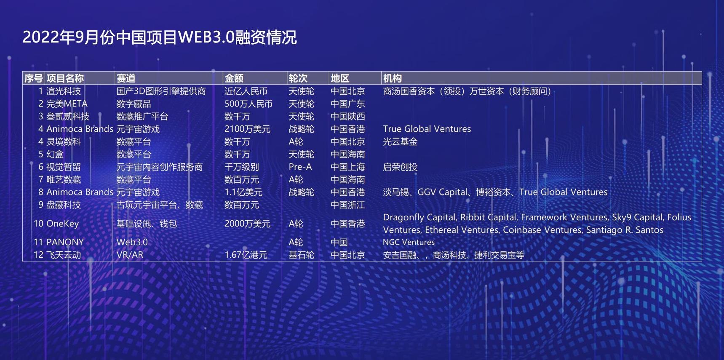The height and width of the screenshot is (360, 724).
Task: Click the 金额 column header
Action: point(234,78)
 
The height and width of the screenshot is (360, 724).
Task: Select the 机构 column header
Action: point(392,78)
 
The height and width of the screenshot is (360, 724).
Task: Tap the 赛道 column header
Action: point(126,78)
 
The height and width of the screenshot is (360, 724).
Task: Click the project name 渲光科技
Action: point(64,91)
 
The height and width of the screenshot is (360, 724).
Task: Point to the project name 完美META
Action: point(67,104)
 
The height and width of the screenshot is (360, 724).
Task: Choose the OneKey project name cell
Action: point(62,224)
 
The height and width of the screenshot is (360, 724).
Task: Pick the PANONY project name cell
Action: point(65,242)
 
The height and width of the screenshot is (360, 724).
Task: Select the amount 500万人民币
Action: point(248,104)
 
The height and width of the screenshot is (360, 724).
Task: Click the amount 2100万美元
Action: point(247,129)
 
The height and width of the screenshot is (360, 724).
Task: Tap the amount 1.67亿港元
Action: point(246,255)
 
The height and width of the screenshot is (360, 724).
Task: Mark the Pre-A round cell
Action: point(300,167)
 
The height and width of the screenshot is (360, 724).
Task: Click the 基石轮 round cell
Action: point(301,255)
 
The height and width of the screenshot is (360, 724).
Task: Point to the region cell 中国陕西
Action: point(348,117)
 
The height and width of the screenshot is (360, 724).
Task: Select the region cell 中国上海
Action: point(348,167)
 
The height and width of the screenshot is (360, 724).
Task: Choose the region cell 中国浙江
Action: point(348,205)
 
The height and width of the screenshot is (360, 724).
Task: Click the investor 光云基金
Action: point(400,142)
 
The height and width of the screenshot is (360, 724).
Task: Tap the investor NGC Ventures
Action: point(409,242)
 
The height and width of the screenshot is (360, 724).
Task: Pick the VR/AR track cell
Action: point(130,255)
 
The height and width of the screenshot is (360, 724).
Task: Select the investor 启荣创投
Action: point(400,167)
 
